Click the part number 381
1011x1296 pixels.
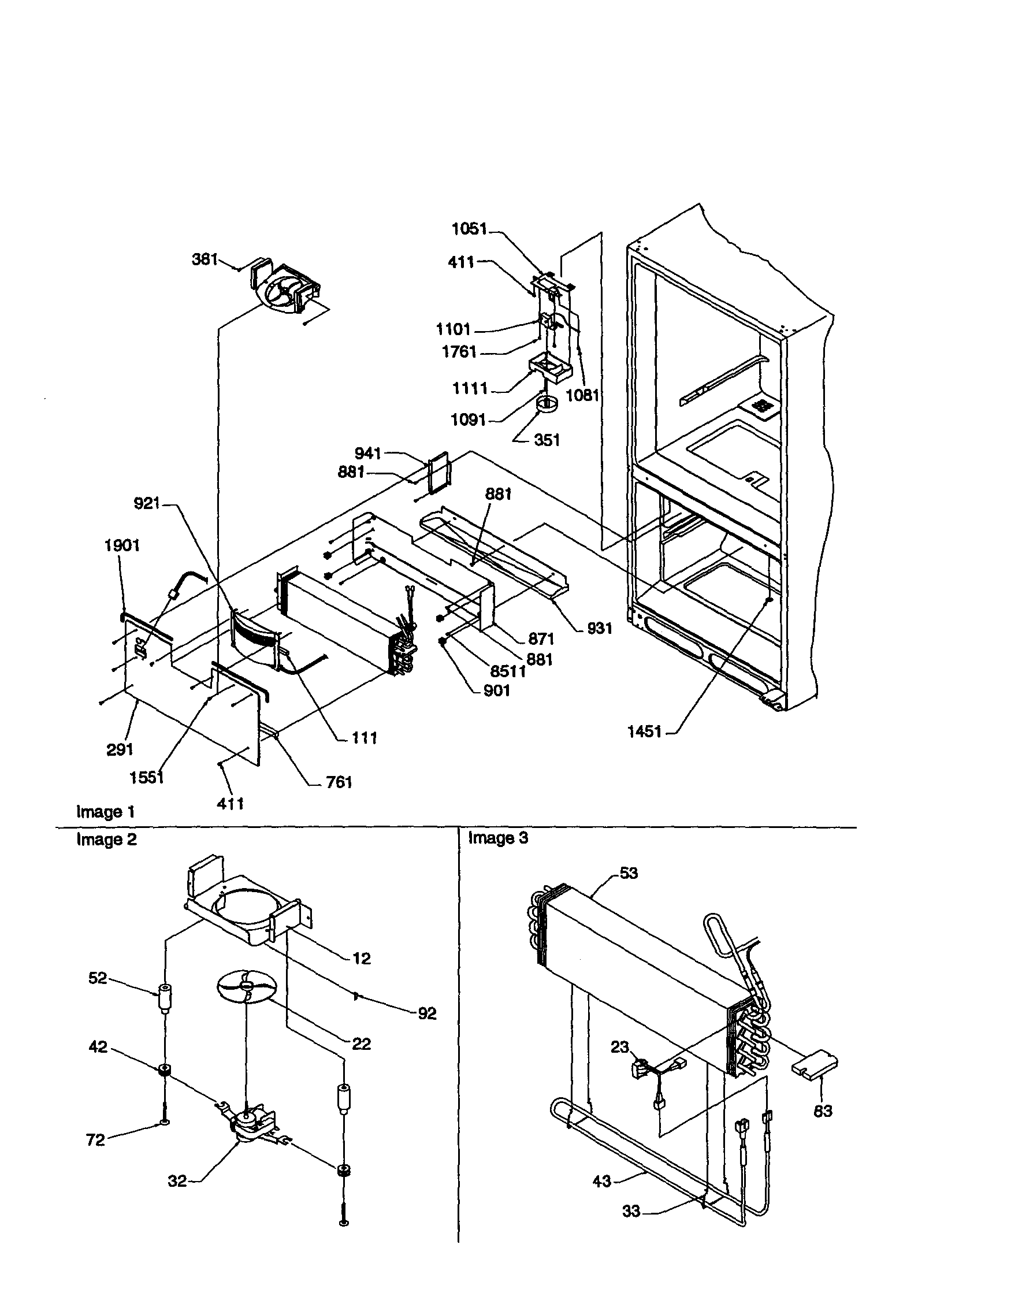(x=204, y=259)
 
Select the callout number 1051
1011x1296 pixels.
(x=469, y=229)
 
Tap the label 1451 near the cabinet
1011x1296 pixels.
(x=644, y=731)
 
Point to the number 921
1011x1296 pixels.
(x=147, y=503)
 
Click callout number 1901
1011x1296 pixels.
(x=122, y=545)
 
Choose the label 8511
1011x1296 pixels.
(x=508, y=671)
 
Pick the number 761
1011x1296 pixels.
(x=339, y=782)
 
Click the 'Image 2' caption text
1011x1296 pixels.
(x=106, y=840)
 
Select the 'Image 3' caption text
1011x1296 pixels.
(x=498, y=838)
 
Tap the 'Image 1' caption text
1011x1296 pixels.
(x=106, y=812)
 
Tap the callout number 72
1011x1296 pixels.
(x=95, y=1140)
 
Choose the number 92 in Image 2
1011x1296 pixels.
(x=426, y=1013)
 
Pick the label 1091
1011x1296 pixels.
(x=468, y=420)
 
